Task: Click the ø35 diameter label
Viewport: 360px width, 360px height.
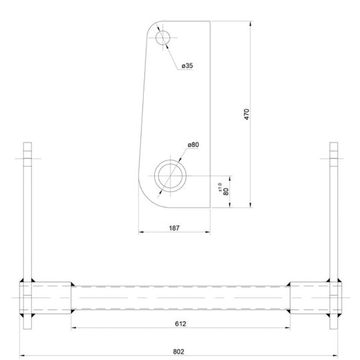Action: [x=187, y=66]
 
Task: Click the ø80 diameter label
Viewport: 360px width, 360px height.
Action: [x=193, y=144]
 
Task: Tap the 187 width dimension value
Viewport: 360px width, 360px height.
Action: [x=174, y=228]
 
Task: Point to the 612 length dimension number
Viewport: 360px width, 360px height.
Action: [x=180, y=323]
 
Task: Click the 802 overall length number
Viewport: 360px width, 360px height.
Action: [x=179, y=351]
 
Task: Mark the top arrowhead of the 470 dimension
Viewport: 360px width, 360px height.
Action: [x=250, y=23]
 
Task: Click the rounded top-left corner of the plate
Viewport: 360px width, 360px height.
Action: [x=152, y=26]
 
